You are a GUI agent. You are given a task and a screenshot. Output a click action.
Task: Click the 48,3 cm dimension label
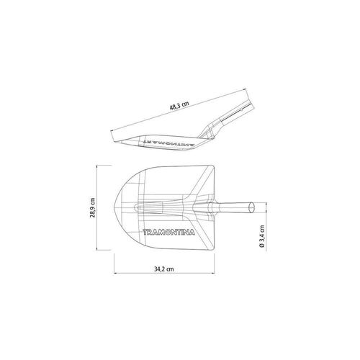179,106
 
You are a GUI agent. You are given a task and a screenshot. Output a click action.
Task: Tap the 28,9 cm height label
93,207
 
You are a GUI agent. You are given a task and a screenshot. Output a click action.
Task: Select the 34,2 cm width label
164,269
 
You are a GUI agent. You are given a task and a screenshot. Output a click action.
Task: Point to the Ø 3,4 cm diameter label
262,236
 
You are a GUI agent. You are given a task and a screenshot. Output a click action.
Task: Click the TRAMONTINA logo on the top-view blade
168,233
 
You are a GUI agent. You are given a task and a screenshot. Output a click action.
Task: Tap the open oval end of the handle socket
251,207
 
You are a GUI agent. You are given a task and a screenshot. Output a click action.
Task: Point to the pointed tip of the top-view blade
114,207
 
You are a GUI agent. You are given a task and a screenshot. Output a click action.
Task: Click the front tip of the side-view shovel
114,141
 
